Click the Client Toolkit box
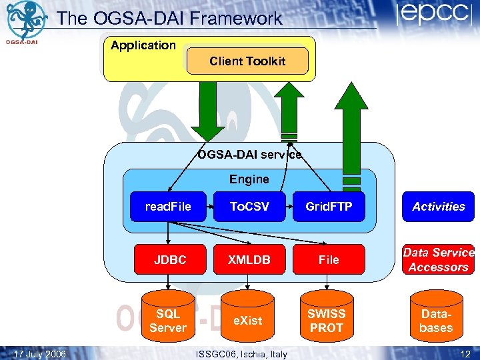[x=247, y=61]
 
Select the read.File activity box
[x=168, y=207]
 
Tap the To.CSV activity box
[x=249, y=207]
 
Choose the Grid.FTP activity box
[x=329, y=207]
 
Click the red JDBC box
[x=170, y=260]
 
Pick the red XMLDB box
[x=249, y=260]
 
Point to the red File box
[x=329, y=260]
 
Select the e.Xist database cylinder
[x=247, y=319]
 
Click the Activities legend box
[x=438, y=207]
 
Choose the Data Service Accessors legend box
[x=438, y=260]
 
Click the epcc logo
[x=433, y=16]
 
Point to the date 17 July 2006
[x=40, y=353]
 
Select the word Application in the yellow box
[x=143, y=45]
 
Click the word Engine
[x=249, y=179]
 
